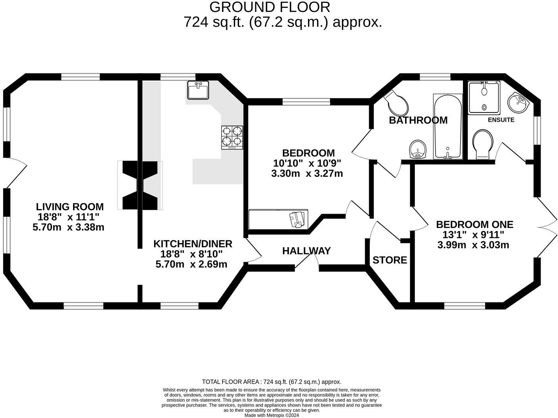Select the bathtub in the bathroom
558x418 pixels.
[x=447, y=126]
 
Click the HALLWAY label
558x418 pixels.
[x=306, y=251]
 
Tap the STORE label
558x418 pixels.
[x=390, y=260]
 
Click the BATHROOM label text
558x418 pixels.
[x=418, y=120]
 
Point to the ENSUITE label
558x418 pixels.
[x=501, y=120]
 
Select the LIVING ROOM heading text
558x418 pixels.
[x=70, y=207]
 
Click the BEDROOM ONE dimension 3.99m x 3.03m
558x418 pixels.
[x=473, y=245]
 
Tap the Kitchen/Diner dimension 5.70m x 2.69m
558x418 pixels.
[x=191, y=264]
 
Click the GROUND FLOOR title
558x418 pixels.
[x=269, y=7]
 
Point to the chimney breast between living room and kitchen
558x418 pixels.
[x=140, y=185]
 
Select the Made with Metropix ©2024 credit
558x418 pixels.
[x=271, y=415]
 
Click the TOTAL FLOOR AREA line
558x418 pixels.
[x=271, y=382]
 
